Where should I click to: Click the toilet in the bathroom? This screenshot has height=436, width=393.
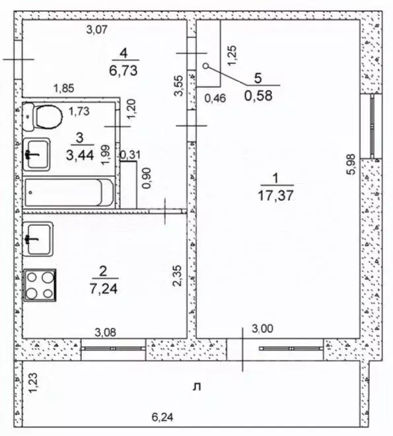pyautogui.click(x=43, y=118)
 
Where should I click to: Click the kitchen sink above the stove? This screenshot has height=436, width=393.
pyautogui.click(x=39, y=238)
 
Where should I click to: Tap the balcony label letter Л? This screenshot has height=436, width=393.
pyautogui.click(x=196, y=386)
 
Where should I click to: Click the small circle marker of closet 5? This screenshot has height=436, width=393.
pyautogui.click(x=205, y=65)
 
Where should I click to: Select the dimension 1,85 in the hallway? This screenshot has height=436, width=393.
pyautogui.click(x=64, y=88)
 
